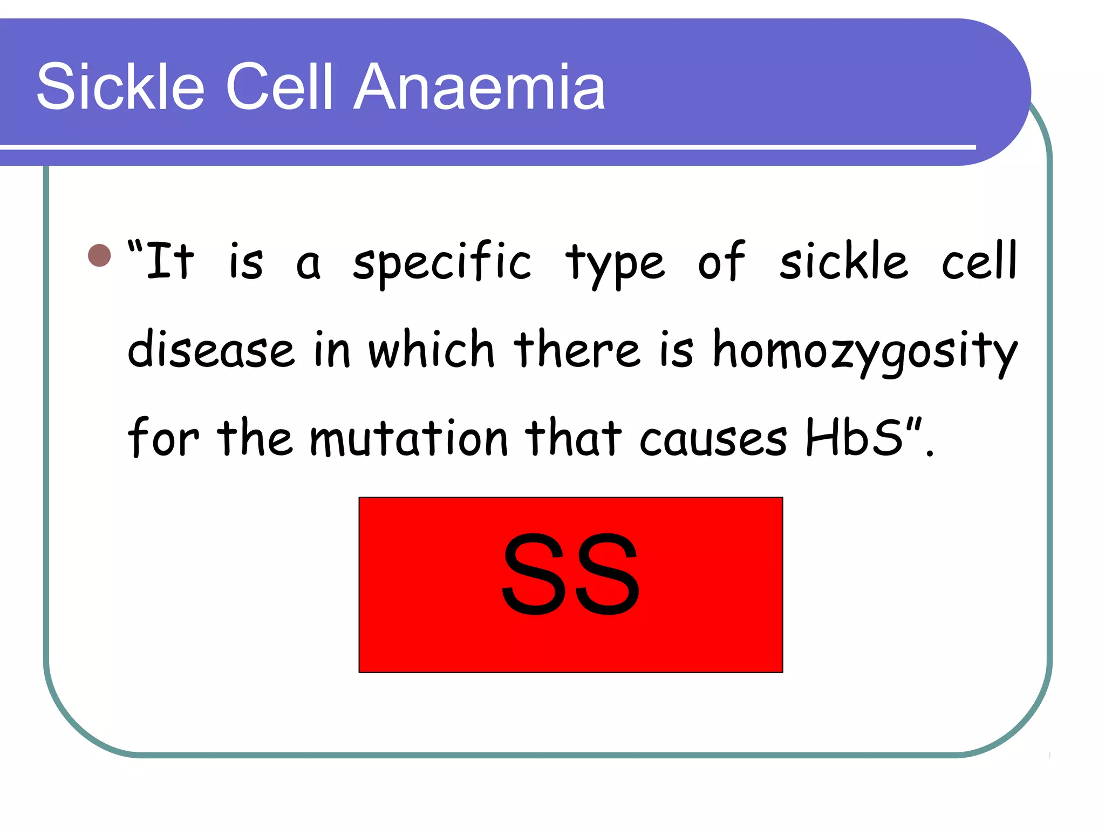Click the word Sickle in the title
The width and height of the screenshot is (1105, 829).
[x=120, y=86]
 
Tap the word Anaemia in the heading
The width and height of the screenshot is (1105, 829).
[x=480, y=86]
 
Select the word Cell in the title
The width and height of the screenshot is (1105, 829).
[x=279, y=86]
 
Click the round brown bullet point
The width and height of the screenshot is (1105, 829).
[x=99, y=255]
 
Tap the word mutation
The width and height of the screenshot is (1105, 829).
[x=409, y=438]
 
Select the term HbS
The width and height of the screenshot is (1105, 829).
[x=854, y=437]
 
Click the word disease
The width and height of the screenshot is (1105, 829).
[x=211, y=350]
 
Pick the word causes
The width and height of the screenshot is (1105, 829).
[x=713, y=438]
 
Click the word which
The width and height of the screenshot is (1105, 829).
[x=431, y=350]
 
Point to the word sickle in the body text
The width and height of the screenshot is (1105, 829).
[x=844, y=261]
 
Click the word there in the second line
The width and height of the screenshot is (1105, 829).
[x=577, y=350]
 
